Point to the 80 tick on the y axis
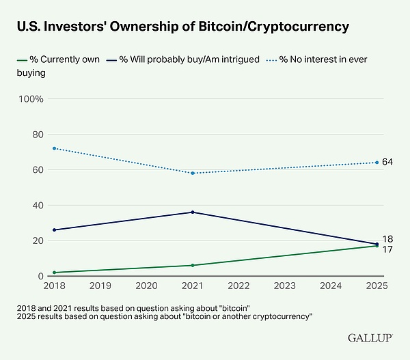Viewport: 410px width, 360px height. pyautogui.click(x=38, y=135)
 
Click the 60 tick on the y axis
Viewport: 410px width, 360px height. pyautogui.click(x=38, y=170)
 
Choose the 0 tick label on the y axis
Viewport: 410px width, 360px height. pyautogui.click(x=40, y=276)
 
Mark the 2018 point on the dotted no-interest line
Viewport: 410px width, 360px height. pyautogui.click(x=54, y=148)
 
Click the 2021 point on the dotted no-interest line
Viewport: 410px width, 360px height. pyautogui.click(x=193, y=173)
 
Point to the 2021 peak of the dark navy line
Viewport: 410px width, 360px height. pyautogui.click(x=193, y=212)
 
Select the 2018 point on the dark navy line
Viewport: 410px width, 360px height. pyautogui.click(x=54, y=230)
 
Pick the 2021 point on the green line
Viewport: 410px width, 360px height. pyautogui.click(x=193, y=265)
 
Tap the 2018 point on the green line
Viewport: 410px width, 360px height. pyautogui.click(x=54, y=273)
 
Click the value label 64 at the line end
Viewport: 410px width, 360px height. pyautogui.click(x=387, y=162)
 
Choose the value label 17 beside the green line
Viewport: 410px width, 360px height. pyautogui.click(x=387, y=249)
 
